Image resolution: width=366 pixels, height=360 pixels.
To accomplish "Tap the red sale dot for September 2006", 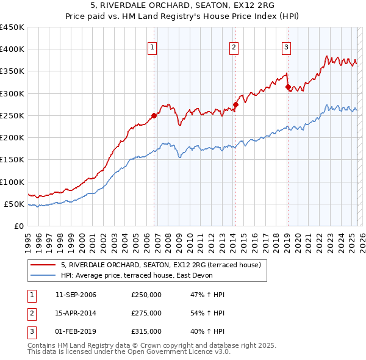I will (x=154, y=115).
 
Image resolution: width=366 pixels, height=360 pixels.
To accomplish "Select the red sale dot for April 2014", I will (x=235, y=104).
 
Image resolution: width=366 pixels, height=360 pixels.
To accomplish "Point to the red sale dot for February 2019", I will (x=287, y=87).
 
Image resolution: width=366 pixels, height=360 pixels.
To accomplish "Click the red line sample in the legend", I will (x=43, y=265).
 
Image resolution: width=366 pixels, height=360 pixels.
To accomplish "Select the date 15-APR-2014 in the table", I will (x=76, y=313).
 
